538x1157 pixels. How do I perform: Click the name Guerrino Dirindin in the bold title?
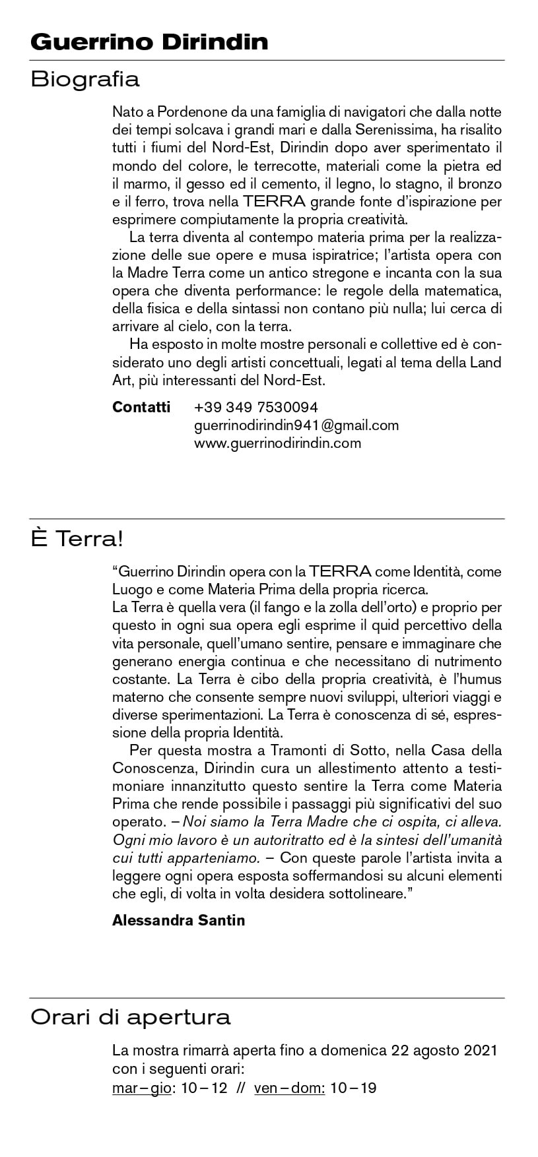[149, 42]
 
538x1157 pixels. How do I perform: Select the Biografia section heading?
[85, 79]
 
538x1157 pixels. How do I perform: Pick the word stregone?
[350, 272]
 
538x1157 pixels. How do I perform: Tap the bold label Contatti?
[141, 407]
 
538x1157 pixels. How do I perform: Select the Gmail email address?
[296, 425]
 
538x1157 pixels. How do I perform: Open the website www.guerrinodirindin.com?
[277, 443]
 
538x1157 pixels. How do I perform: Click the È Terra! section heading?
[77, 539]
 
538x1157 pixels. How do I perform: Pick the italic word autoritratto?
[300, 840]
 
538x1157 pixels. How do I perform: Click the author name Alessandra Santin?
[178, 920]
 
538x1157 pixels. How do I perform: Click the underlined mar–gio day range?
[141, 1088]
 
